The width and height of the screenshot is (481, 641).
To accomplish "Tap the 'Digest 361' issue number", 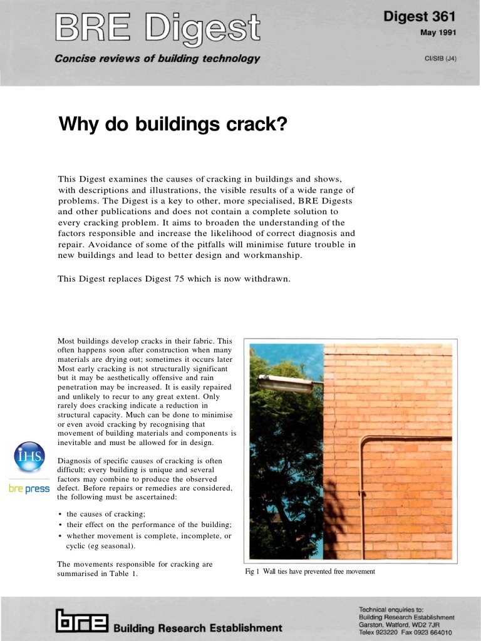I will [420, 16].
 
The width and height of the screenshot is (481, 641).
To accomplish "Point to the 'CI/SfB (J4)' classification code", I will [440, 59].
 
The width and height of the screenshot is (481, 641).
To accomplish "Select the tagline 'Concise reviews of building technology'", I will [157, 59].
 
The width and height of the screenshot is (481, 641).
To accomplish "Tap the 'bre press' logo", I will [29, 488].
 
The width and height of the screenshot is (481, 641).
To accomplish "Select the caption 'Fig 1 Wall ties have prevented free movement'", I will [310, 572].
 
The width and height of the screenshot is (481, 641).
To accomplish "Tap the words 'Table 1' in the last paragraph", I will [123, 574].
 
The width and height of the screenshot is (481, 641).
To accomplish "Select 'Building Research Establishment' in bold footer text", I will [198, 627].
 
